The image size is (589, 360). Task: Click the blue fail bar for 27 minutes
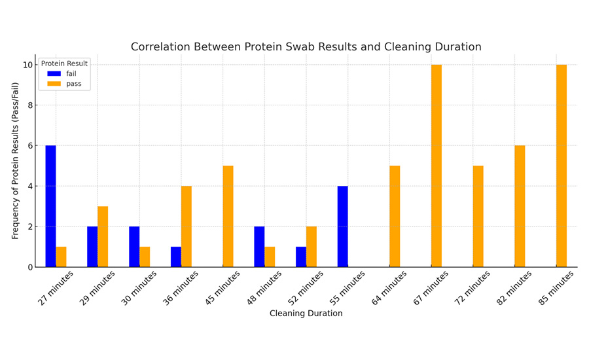(x=50, y=206)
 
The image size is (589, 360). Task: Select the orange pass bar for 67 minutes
(x=437, y=166)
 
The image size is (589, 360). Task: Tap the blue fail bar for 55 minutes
(x=342, y=226)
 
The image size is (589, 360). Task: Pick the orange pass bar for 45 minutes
(x=228, y=216)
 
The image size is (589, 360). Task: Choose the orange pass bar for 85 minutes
(x=562, y=166)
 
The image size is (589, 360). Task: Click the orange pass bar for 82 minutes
(x=520, y=206)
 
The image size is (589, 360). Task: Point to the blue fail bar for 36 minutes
(x=175, y=257)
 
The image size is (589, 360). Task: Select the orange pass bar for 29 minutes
(x=103, y=236)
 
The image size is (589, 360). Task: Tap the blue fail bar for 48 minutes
(x=259, y=247)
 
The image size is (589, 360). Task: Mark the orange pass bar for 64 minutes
(x=395, y=216)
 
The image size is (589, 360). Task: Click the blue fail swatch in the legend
(x=54, y=74)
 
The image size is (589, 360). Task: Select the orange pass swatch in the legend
(x=54, y=84)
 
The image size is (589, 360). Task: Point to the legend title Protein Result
(x=64, y=63)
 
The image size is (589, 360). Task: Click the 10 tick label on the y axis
(x=27, y=65)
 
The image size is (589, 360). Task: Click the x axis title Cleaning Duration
(x=306, y=314)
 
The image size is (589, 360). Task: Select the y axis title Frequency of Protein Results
(x=15, y=160)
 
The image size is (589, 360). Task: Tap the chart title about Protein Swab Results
(x=306, y=47)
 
